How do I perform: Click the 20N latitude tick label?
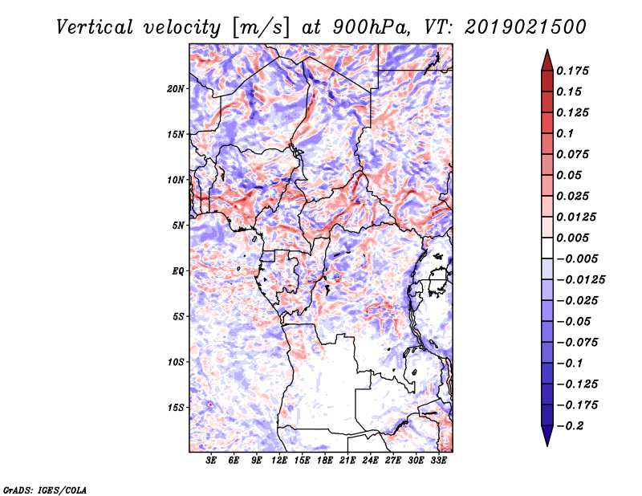(x=175, y=89)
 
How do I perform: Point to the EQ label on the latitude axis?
(x=178, y=271)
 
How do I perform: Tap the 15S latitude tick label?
(x=176, y=408)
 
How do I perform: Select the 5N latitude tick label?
(x=178, y=226)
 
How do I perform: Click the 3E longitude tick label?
(x=211, y=461)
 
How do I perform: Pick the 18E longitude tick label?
(x=325, y=461)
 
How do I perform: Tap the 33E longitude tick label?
(x=438, y=461)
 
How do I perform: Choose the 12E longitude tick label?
(x=279, y=461)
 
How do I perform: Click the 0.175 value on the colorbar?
(x=572, y=71)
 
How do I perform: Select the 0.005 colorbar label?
(x=572, y=238)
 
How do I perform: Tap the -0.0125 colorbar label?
(x=581, y=280)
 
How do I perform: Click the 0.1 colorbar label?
(x=565, y=133)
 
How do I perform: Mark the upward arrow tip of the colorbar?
(x=547, y=50)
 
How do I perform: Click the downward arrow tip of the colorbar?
(x=547, y=445)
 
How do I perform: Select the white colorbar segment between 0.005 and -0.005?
(x=547, y=248)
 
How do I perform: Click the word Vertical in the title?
(x=95, y=27)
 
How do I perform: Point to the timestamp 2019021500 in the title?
(x=526, y=27)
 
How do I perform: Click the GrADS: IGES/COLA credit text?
(x=45, y=490)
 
